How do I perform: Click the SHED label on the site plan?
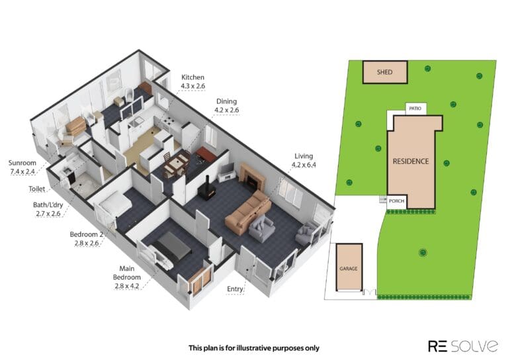coord(384,72)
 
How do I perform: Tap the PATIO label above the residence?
coord(415,109)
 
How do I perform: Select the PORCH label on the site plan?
coord(397,201)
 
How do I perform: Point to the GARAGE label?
coord(349,269)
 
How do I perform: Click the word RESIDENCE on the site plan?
coord(411,161)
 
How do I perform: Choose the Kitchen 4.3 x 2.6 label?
coord(192,81)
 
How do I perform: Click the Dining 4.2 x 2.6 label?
coord(226,106)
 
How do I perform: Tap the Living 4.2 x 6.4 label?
coord(304,160)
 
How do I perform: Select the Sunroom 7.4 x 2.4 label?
coord(22,167)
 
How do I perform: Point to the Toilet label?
coord(37,189)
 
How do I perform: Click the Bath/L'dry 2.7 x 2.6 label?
coord(48,209)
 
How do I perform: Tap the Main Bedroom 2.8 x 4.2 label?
coord(127,277)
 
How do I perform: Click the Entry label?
coord(235,289)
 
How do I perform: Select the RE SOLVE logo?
coord(463,346)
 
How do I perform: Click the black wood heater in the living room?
coord(207,189)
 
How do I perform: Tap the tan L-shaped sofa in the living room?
coord(248,212)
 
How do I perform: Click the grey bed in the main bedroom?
coord(173,246)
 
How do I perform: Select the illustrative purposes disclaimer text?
coord(254,348)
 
